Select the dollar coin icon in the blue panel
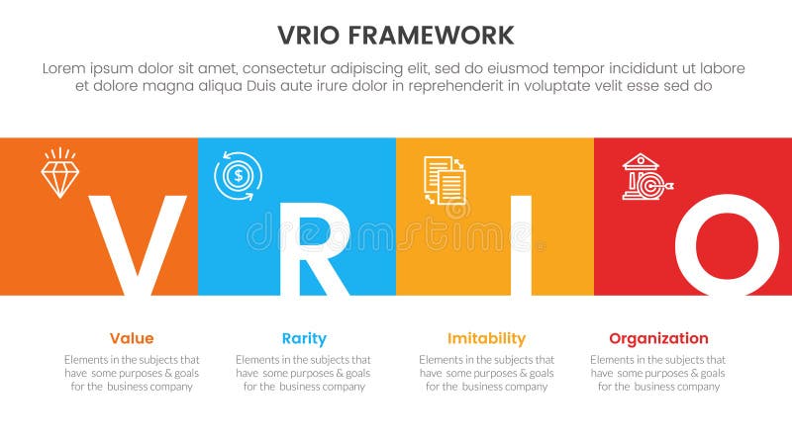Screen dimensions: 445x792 [238, 176]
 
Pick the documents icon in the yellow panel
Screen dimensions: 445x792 [445, 180]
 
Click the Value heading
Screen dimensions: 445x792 [132, 338]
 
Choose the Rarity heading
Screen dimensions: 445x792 [303, 338]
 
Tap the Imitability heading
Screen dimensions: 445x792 [486, 338]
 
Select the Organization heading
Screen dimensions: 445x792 [658, 338]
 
